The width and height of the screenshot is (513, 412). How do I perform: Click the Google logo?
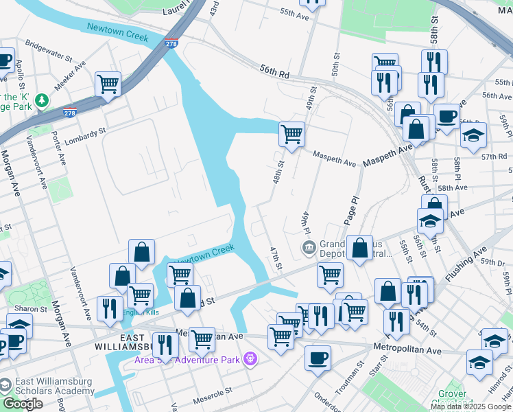point(23,404)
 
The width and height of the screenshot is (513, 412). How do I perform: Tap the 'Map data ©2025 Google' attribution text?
point(470,407)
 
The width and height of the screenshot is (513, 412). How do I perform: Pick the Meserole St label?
point(213,393)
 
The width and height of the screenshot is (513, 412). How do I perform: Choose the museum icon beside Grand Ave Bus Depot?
point(309,247)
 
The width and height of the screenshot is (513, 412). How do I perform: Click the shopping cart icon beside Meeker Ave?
point(108,84)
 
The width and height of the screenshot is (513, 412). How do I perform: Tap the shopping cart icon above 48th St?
point(291,133)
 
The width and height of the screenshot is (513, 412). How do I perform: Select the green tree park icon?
point(43,101)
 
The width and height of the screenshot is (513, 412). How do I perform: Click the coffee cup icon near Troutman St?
point(318,358)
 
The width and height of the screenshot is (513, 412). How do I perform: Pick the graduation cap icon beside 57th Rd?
point(473,135)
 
